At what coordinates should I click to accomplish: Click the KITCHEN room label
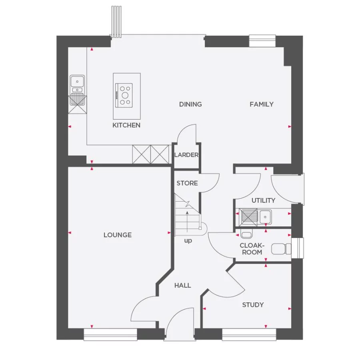126,125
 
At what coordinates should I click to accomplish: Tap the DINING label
190,104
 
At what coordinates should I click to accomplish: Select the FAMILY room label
262,104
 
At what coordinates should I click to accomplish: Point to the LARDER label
186,155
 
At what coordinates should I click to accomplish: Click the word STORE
187,183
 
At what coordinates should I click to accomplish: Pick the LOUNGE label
118,235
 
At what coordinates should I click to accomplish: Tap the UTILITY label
263,200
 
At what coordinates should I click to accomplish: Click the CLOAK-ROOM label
252,249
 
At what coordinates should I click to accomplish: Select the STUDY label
253,305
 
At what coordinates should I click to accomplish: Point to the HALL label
182,286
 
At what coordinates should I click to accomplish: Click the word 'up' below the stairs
188,241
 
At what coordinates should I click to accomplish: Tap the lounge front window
110,334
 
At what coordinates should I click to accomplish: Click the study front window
249,334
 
